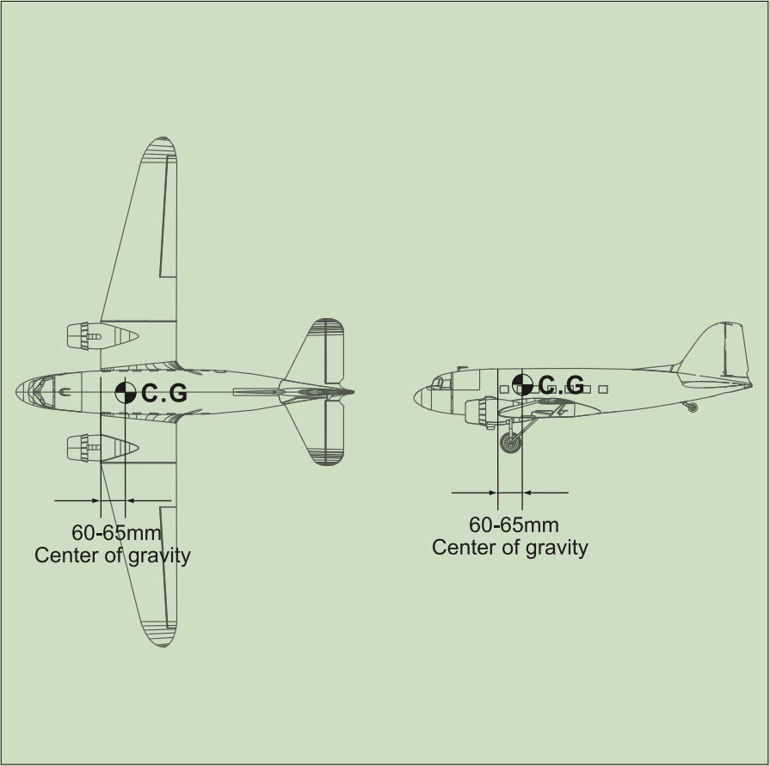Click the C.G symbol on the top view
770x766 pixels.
point(126,393)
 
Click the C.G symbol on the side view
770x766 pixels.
point(522,384)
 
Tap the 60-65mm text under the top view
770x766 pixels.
point(116,532)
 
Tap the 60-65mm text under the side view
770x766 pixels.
point(514,524)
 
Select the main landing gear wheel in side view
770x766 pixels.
point(511,443)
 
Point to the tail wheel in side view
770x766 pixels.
point(693,407)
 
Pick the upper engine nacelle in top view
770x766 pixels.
point(102,336)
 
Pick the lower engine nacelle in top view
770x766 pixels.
point(102,448)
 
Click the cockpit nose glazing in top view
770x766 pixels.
point(35,392)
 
